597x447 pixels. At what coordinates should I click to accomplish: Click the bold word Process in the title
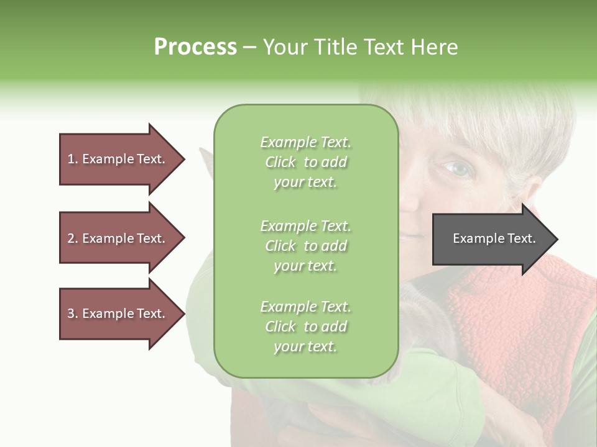195,47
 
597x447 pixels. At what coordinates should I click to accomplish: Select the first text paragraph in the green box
305,162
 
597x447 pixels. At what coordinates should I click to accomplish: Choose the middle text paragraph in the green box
305,246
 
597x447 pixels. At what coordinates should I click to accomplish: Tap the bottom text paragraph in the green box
305,327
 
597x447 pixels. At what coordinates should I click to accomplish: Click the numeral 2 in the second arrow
70,238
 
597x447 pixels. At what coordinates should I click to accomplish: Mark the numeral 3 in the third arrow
70,314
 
